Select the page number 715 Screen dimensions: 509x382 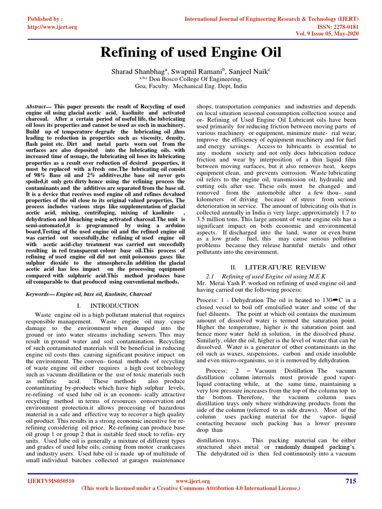(350, 481)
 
